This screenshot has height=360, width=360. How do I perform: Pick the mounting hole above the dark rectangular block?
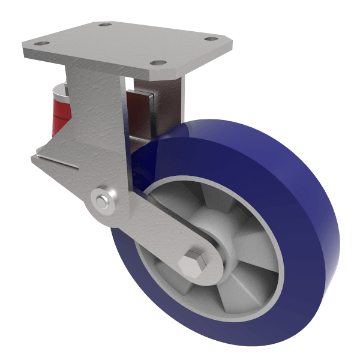[157, 62]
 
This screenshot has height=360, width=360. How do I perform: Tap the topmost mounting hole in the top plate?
[106, 25]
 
